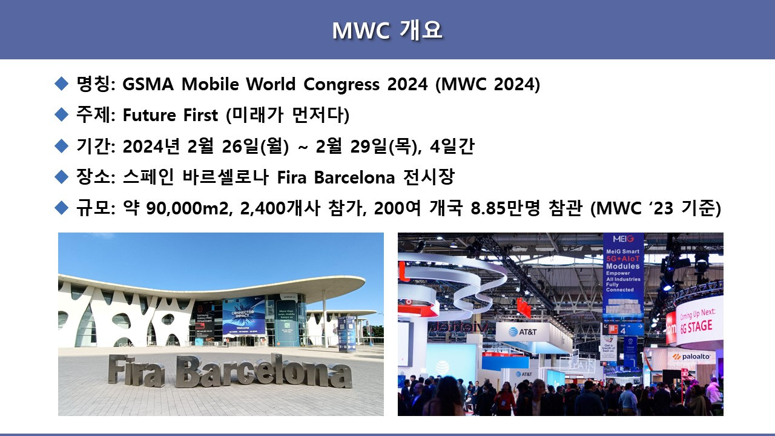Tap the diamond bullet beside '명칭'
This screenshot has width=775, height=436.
click(x=62, y=84)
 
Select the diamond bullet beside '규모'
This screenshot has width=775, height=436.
click(x=62, y=208)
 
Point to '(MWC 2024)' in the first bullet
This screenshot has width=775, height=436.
click(x=487, y=84)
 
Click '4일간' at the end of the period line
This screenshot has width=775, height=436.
click(x=452, y=146)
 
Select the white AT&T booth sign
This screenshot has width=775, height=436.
click(x=522, y=331)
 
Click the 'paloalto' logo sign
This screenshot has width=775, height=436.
click(x=691, y=357)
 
